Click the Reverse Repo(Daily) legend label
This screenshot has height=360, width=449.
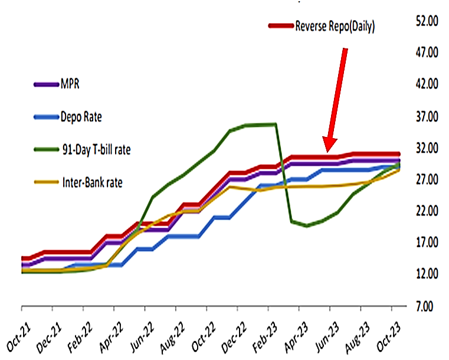(335, 27)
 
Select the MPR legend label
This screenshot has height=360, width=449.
(70, 84)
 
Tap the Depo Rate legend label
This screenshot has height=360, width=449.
(81, 117)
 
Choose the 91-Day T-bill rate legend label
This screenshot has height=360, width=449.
(95, 149)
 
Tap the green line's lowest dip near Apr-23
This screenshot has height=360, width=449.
(307, 225)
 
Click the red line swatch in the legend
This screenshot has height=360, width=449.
(281, 26)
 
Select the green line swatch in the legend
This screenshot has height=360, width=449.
(45, 150)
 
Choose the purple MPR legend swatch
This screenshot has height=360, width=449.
(45, 84)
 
